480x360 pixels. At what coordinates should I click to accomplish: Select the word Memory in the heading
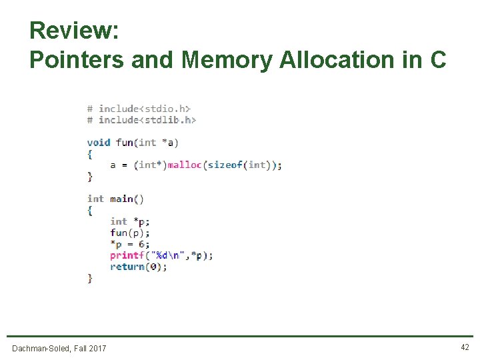coord(227,60)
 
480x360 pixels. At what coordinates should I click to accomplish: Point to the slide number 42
coord(465,347)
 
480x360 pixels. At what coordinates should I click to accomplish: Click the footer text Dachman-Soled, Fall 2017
coord(59,348)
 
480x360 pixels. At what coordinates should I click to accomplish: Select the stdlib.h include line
coord(141,119)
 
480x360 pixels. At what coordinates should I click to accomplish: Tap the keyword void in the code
coord(99,142)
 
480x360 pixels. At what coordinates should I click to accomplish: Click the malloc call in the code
coord(184,165)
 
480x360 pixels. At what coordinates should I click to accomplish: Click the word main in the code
coord(121,199)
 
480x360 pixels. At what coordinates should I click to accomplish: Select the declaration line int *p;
coord(130,221)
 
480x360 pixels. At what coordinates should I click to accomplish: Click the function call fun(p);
coord(130,233)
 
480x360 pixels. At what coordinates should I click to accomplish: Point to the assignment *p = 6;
coord(130,244)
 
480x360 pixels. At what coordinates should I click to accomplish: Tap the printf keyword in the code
coord(127,255)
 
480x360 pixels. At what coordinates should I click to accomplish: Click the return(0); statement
coord(139,267)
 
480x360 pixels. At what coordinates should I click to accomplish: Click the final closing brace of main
coord(90,278)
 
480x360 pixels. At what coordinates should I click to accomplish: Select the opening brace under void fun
coord(90,153)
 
